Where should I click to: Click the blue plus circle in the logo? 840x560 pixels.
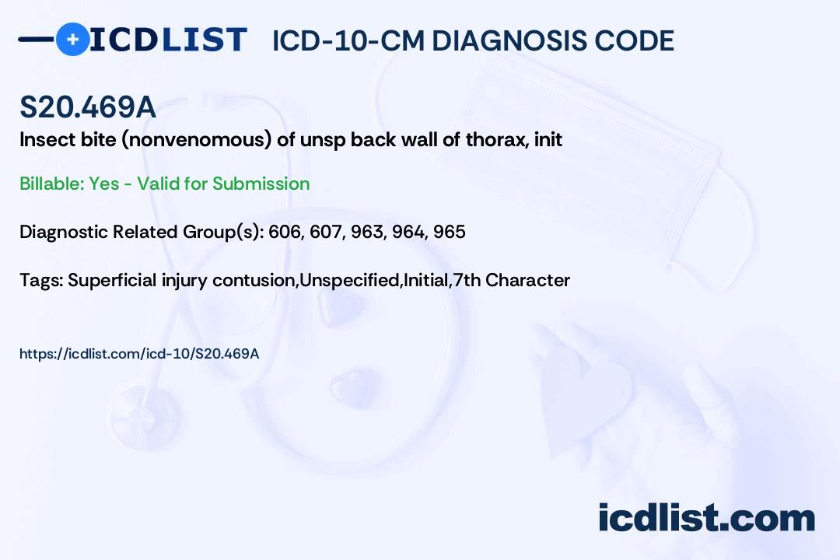coord(72,39)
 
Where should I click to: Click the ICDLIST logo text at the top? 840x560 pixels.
coord(168,40)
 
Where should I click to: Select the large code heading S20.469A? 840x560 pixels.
coord(88,107)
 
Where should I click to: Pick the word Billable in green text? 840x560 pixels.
coord(52,184)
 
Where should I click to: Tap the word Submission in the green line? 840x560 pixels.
coord(261,184)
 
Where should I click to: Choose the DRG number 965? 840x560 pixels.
coord(450,232)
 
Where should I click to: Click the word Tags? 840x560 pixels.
coord(41,280)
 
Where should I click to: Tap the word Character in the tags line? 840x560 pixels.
coord(527,280)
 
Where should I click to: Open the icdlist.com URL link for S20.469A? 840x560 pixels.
coord(139,354)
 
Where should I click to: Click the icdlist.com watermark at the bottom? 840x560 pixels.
coord(706,518)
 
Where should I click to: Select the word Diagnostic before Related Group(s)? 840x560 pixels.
coord(64,232)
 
